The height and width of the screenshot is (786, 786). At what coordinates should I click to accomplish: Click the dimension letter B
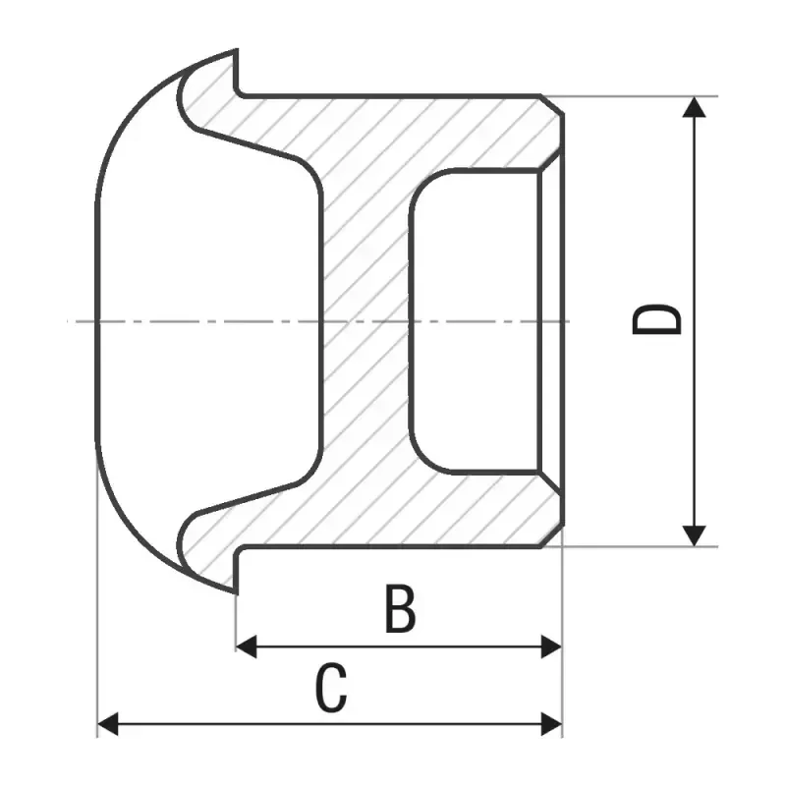pos(401,608)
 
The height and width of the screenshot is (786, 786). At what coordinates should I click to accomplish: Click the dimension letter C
pos(331,687)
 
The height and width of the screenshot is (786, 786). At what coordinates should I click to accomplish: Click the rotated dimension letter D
pos(656,318)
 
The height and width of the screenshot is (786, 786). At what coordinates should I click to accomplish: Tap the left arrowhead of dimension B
pos(247,646)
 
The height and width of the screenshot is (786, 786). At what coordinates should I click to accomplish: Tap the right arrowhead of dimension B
pos(551,646)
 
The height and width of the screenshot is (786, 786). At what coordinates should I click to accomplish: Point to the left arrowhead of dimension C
pos(107,724)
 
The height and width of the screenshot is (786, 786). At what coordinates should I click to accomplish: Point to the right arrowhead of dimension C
pos(551,724)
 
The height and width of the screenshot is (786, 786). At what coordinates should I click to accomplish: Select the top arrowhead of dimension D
pos(695,107)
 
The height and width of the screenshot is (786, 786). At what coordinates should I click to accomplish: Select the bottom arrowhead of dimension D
pos(695,535)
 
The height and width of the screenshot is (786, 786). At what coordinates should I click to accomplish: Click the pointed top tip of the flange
pos(236,50)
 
